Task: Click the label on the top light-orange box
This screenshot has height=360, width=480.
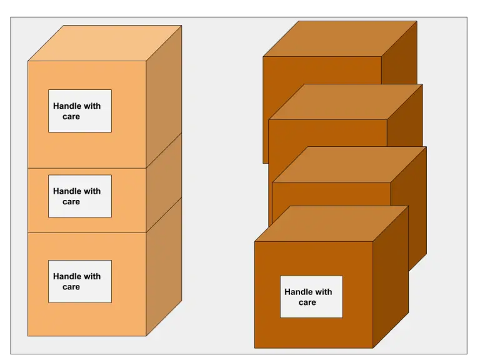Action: tap(80, 111)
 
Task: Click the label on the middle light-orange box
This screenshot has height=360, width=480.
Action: tap(80, 196)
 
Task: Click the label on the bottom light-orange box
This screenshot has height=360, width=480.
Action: tap(80, 281)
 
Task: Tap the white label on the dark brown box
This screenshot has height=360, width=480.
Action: tap(311, 297)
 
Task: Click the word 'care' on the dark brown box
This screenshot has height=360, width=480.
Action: tap(307, 302)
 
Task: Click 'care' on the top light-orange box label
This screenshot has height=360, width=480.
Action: tap(71, 117)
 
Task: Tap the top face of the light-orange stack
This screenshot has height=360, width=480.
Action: tap(105, 43)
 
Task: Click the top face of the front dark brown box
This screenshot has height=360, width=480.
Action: tap(331, 224)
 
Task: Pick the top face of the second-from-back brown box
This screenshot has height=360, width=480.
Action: tap(346, 102)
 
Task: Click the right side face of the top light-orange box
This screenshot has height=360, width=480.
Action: tap(164, 94)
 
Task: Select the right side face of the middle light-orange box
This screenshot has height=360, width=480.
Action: tap(164, 187)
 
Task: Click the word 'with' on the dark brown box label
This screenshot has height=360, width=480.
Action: tap(324, 292)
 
